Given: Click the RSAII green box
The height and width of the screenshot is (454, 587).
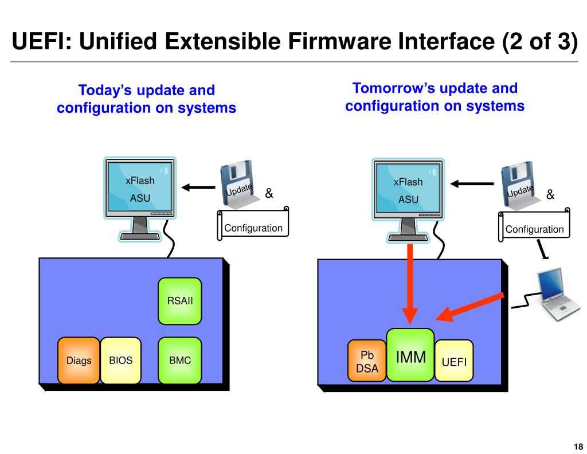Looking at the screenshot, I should click(180, 300).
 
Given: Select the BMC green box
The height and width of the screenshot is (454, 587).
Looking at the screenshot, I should click(180, 361).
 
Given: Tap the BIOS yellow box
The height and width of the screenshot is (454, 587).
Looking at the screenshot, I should click(120, 361).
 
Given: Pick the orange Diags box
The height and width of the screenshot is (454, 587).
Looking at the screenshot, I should click(79, 361).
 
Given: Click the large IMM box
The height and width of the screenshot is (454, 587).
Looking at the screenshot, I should click(410, 355).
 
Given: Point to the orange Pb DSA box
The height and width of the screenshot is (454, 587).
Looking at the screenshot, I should click(367, 361).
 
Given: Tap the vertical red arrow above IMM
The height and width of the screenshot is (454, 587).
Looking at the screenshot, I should click(410, 281).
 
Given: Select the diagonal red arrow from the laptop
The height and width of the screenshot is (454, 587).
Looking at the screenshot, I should click(470, 306).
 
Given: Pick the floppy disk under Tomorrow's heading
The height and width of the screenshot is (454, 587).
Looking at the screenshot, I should click(518, 182).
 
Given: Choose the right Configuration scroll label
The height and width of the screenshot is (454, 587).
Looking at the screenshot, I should click(534, 229).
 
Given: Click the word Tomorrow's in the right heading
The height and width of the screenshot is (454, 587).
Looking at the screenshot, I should click(390, 88).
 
